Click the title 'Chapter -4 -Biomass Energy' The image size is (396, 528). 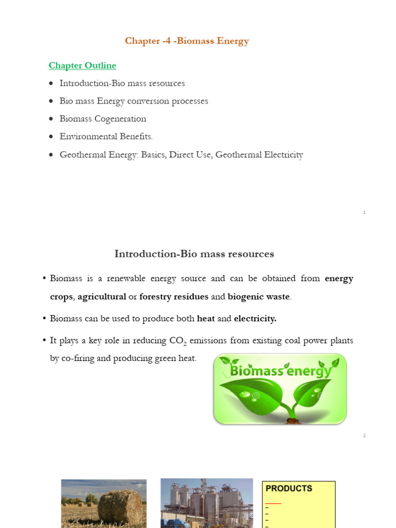[x=187, y=41]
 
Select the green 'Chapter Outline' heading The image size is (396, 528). [x=82, y=65]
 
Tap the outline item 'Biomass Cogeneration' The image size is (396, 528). [x=103, y=119]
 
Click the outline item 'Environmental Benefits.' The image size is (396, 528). [x=106, y=137]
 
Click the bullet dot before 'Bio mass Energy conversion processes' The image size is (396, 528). [x=51, y=102]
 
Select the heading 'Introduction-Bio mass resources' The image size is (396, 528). [x=194, y=254]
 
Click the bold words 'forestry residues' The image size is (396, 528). [x=174, y=296]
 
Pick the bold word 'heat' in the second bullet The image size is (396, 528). [x=206, y=319]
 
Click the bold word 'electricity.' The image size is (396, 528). [x=255, y=319]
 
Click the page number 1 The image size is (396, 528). [x=364, y=212]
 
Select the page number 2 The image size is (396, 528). [x=364, y=436]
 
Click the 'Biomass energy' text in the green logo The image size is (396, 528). [x=280, y=371]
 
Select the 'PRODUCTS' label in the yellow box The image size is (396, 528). [x=289, y=488]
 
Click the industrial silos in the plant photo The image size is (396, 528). [x=206, y=508]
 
